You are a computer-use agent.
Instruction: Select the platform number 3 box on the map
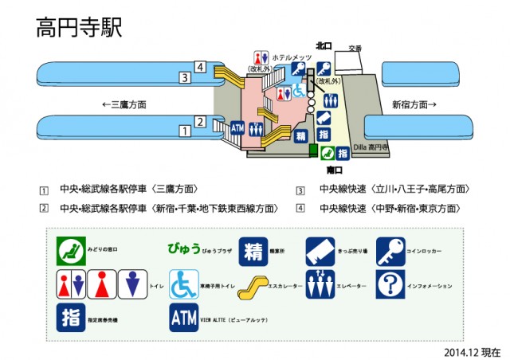(x=184, y=77)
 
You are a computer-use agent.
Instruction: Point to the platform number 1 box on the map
(x=184, y=130)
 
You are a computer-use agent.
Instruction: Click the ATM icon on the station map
(x=237, y=127)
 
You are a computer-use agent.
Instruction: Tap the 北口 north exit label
(x=324, y=46)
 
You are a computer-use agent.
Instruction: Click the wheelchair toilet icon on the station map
(x=298, y=93)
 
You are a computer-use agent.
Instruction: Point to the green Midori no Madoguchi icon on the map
(x=343, y=152)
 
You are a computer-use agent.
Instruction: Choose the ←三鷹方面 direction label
(x=123, y=104)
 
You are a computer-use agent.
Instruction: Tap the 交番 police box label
(x=355, y=49)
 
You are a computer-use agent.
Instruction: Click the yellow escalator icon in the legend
(x=254, y=284)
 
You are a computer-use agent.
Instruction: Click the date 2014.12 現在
(x=473, y=351)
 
